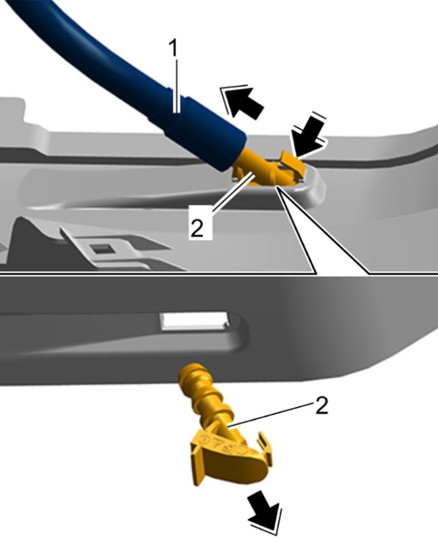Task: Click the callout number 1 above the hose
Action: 173,48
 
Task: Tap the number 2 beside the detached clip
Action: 321,405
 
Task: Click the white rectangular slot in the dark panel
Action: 194,320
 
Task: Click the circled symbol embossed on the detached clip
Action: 205,439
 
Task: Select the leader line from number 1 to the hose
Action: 178,86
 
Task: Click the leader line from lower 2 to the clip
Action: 269,414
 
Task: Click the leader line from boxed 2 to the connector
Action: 232,191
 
